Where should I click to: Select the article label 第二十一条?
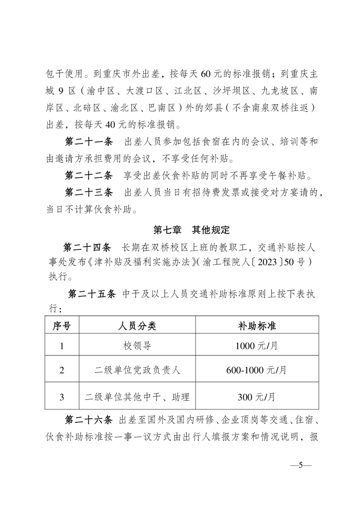(89, 142)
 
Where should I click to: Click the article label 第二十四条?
(87, 247)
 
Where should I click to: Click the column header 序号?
(62, 325)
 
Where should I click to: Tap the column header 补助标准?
(257, 325)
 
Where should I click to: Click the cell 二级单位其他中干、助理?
(137, 397)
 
